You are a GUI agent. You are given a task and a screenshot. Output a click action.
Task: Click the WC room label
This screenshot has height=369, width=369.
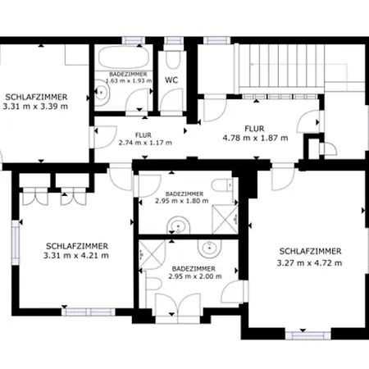point(171,80)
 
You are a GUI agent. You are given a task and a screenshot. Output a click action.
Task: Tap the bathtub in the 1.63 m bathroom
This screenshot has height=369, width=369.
point(124,57)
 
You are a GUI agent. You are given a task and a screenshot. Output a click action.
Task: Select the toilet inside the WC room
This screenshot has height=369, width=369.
point(173,60)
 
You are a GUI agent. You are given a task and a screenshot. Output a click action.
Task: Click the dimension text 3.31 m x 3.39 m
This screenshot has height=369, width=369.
point(35,107)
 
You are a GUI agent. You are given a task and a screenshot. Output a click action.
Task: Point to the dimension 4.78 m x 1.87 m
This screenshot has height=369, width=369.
point(255,138)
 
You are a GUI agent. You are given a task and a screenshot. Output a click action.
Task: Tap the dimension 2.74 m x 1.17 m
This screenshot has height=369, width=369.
point(145,143)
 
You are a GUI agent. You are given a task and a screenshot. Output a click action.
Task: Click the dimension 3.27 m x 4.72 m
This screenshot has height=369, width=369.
point(309,263)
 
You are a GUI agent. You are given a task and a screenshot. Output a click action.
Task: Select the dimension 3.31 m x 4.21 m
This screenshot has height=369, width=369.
point(76,256)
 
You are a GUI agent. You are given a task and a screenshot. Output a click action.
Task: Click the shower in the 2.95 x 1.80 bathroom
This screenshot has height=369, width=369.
point(225,220)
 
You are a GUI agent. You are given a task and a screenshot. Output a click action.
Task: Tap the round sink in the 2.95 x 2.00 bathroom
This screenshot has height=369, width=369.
point(210,248)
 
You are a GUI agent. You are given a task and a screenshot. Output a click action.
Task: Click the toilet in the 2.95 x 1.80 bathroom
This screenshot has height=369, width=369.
point(222,185)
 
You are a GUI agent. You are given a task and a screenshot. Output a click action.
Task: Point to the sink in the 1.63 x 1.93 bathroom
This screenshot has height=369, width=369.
point(102,93)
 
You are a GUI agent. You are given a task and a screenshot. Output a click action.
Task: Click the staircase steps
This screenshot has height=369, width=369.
point(281,66)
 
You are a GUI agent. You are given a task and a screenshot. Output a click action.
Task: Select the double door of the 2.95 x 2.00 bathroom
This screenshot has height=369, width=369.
point(178,305)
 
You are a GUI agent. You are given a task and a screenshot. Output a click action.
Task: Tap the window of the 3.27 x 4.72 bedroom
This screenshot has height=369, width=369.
point(308,335)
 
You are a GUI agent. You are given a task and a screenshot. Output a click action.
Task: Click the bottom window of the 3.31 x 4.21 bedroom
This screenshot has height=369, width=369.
point(89,312)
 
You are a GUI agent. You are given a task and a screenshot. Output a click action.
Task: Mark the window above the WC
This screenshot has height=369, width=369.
point(174,40)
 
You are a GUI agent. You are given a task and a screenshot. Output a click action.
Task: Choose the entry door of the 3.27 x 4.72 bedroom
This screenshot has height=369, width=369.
point(284,177)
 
